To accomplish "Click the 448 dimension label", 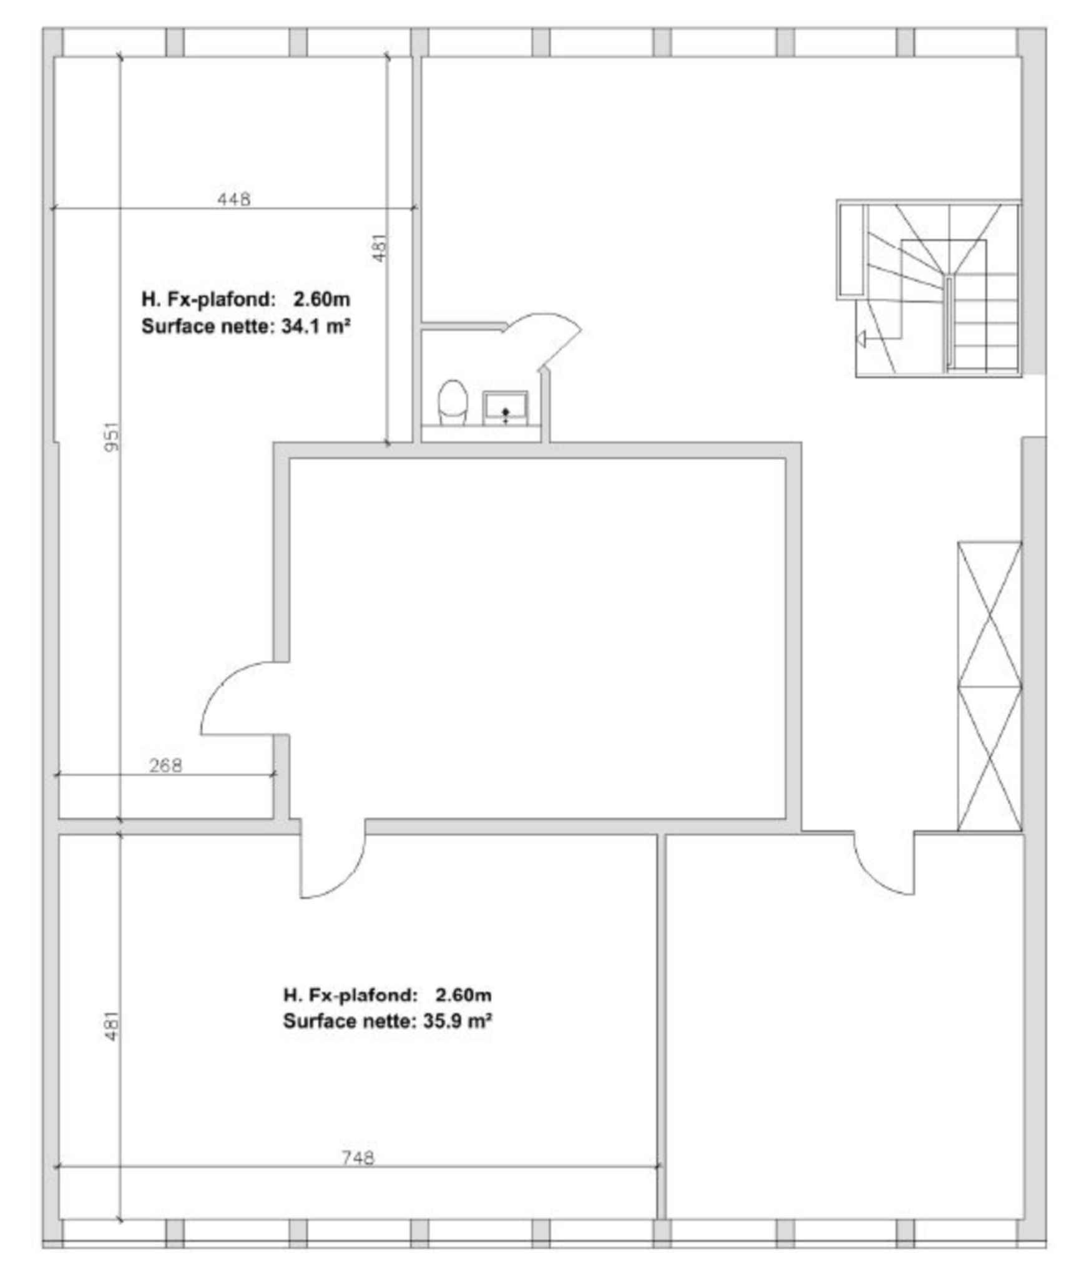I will (233, 199).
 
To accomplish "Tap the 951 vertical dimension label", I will (112, 436).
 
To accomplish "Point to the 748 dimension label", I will (358, 1158).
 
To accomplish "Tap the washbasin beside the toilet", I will (505, 408).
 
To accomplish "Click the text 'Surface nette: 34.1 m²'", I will (245, 326).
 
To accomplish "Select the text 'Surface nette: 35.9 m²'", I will (387, 1022).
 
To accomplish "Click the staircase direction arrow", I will (861, 339).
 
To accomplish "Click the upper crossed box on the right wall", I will (989, 615).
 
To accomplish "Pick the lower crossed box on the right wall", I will (989, 758).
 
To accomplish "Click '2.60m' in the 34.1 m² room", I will (321, 300).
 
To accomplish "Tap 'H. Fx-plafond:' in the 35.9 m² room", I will (350, 995).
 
